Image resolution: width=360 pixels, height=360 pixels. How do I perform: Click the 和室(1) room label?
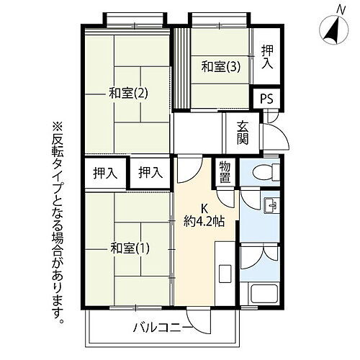click(130, 249)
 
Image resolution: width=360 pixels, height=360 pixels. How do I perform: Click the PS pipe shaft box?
click(267, 98)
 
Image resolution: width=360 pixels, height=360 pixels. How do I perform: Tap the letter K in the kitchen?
click(204, 206)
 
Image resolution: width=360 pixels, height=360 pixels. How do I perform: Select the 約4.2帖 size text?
click(203, 221)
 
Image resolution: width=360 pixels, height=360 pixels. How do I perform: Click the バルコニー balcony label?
click(161, 330)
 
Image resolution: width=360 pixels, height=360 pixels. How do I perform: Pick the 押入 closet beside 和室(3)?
click(267, 57)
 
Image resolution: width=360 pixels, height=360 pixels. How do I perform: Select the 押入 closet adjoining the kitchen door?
click(149, 173)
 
